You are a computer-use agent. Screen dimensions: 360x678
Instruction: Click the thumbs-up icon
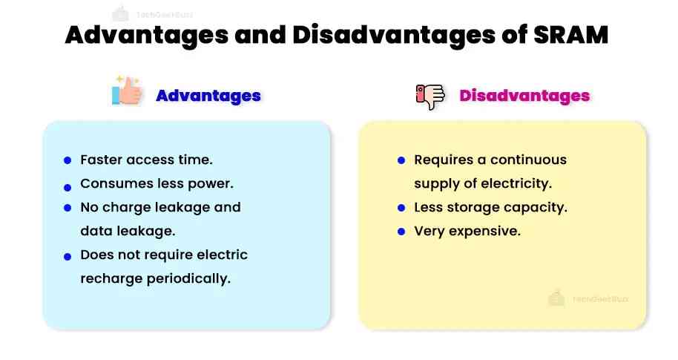127,92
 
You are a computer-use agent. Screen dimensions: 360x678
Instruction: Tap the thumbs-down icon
430,96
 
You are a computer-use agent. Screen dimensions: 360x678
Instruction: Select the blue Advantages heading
208,96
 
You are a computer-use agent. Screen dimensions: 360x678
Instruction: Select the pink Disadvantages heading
524,96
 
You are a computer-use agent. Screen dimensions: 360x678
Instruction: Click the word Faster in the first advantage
102,160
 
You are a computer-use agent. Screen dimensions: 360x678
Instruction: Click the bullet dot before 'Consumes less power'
68,186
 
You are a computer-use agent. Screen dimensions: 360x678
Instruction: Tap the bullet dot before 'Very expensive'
401,232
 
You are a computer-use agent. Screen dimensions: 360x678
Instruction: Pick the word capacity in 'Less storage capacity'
539,207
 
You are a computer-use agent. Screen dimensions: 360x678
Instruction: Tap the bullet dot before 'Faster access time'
68,160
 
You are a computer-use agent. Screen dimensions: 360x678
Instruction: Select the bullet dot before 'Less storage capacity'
401,208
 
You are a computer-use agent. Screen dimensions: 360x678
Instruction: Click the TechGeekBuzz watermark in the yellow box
589,298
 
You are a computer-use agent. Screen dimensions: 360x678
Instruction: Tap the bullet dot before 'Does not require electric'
68,255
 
